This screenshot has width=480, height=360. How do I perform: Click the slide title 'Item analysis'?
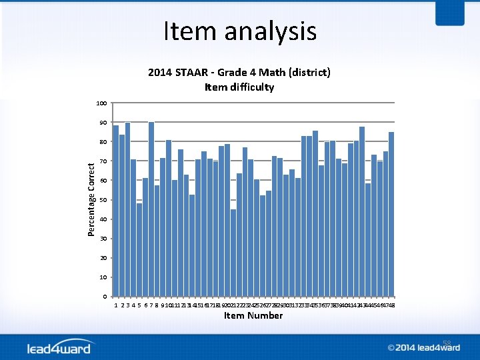[240, 31]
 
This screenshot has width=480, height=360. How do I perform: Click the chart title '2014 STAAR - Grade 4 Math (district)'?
[239, 72]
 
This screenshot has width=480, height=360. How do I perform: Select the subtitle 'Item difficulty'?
[239, 87]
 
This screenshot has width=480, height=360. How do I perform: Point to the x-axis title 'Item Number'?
[253, 315]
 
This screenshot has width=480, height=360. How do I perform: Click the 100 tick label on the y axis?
[101, 103]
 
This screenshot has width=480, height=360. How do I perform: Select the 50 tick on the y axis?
[103, 200]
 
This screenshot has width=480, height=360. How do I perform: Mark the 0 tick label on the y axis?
[105, 296]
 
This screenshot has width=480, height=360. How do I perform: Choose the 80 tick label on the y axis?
[103, 142]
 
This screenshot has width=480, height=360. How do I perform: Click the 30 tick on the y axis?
[103, 239]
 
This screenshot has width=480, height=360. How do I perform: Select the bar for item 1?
[116, 211]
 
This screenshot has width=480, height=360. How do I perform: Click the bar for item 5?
[139, 250]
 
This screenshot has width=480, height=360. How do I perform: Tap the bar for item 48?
[391, 214]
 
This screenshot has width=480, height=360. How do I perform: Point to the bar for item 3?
[127, 209]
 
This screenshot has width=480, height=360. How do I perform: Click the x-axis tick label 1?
[116, 305]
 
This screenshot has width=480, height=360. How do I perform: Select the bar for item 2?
[122, 215]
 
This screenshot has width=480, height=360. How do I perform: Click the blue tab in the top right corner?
[449, 13]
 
